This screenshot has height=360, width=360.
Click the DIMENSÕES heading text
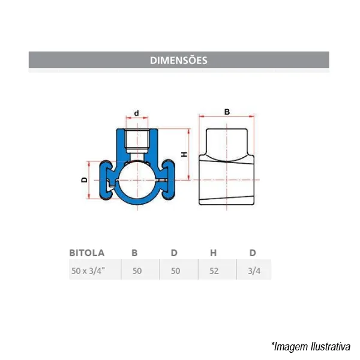(179, 60)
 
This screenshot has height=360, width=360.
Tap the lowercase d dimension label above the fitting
(137, 113)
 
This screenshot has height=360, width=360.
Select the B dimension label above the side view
(227, 112)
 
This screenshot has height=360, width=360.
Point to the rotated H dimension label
(184, 154)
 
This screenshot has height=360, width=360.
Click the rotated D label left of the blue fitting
(85, 180)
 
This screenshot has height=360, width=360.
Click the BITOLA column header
(87, 253)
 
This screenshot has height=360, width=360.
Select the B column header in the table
(134, 253)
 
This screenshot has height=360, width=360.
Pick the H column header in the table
(213, 253)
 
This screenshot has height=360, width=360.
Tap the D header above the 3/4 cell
(253, 253)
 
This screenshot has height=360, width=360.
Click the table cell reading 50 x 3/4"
(88, 271)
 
